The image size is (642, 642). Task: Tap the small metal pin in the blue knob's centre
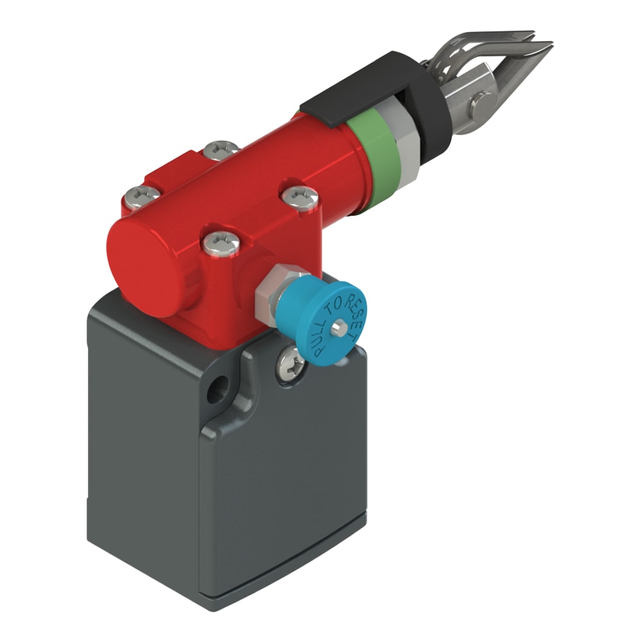click(x=338, y=327)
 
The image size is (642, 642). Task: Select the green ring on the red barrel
click(x=379, y=155)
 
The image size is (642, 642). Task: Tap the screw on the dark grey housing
click(x=290, y=363)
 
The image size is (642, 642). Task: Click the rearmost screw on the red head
click(x=221, y=150)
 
